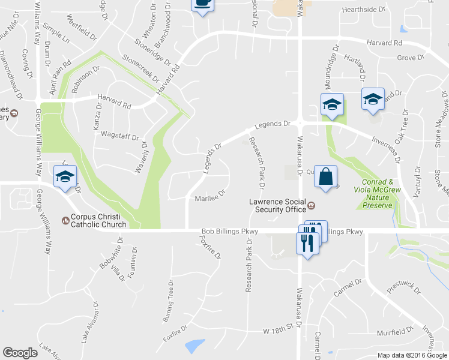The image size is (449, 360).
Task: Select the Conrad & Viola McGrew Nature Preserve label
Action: (378, 193)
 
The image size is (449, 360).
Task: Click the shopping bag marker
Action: (325, 176)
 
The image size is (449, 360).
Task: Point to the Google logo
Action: (20, 352)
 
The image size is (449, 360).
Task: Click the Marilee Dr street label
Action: (209, 196)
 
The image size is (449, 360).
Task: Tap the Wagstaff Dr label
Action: (120, 136)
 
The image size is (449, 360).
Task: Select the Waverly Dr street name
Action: (140, 157)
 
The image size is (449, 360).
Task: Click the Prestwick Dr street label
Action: (400, 286)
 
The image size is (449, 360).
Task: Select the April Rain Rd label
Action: (61, 76)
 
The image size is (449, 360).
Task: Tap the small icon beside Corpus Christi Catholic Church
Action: (65, 220)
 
